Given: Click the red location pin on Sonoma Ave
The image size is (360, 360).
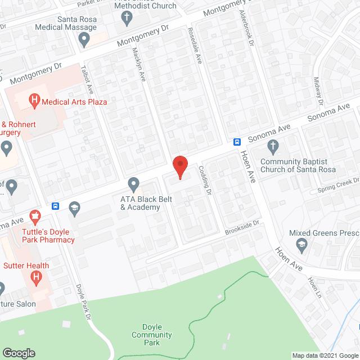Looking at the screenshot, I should (x=179, y=166).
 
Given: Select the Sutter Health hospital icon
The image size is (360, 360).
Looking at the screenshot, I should (x=37, y=277).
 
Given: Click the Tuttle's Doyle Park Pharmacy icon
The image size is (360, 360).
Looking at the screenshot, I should (x=35, y=215).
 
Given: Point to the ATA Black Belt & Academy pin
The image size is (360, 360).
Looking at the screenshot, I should (x=133, y=183).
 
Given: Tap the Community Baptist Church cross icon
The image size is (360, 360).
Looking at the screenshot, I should (x=273, y=147).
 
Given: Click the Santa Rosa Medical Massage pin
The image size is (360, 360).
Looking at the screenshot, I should (x=84, y=39).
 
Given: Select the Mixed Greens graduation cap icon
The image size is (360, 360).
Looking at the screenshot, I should (x=301, y=243).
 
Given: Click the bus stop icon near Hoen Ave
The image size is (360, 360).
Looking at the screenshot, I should (x=237, y=142).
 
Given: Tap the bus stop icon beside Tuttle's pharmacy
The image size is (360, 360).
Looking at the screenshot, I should (x=55, y=205).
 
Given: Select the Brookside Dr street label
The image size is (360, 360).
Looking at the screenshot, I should (x=241, y=227).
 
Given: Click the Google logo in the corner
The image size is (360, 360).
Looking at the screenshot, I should (x=18, y=353).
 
